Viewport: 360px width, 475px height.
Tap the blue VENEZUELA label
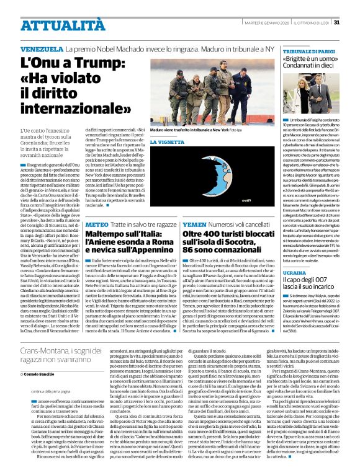42,48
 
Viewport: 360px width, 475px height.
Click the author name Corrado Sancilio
42,375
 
